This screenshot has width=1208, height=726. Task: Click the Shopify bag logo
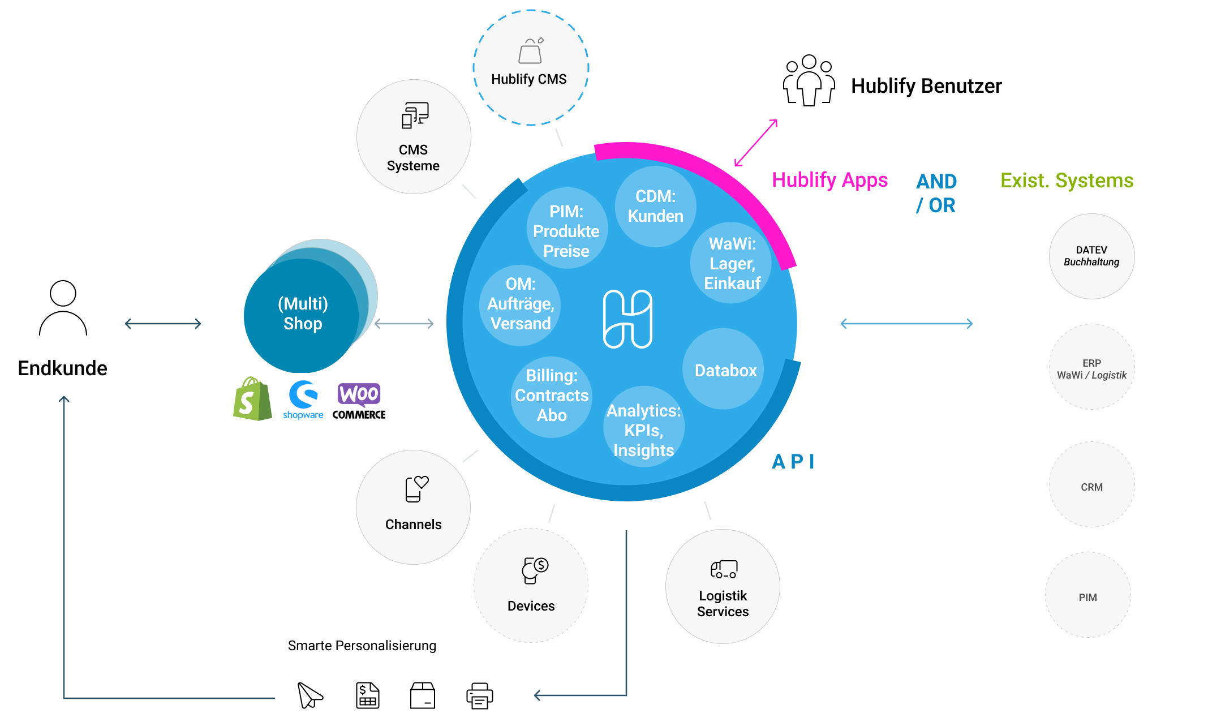tap(252, 399)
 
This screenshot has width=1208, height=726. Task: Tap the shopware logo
tap(303, 399)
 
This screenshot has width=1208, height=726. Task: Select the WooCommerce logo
tap(359, 401)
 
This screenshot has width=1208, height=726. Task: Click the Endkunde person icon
tap(63, 308)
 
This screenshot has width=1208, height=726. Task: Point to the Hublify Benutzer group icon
tap(809, 80)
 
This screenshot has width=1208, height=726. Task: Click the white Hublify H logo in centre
tap(627, 319)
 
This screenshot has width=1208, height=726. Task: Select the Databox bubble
tap(725, 370)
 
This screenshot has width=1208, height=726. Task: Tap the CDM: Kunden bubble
tap(655, 206)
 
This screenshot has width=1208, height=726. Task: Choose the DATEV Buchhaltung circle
tap(1091, 256)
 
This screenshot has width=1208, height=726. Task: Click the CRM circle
tap(1091, 486)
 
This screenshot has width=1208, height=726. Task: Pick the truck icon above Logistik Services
tap(724, 569)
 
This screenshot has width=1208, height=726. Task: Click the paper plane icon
tap(309, 695)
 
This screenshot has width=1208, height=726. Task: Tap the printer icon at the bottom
tap(479, 695)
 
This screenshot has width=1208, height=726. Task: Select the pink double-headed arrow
tap(756, 143)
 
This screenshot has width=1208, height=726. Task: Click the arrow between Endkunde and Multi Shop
tap(163, 324)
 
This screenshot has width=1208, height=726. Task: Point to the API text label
tap(793, 462)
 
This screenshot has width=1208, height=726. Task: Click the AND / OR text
tap(936, 193)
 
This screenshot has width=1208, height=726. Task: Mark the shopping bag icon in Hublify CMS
tap(531, 51)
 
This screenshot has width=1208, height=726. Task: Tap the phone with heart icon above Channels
tap(416, 489)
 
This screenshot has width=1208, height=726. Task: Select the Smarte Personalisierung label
tap(362, 646)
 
